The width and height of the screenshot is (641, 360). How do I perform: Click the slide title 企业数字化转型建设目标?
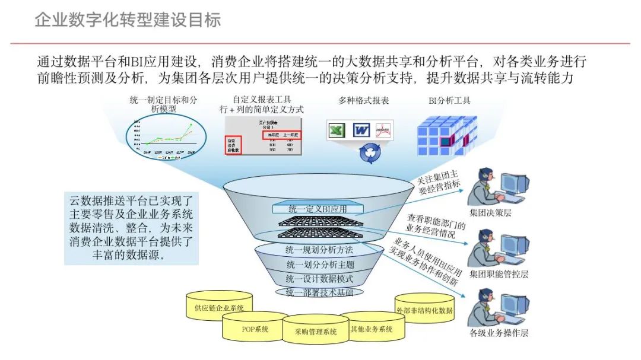[x=128, y=20]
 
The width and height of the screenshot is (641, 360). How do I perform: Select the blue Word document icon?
[x=361, y=130]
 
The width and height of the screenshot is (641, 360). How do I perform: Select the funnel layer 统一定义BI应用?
[x=318, y=209]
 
